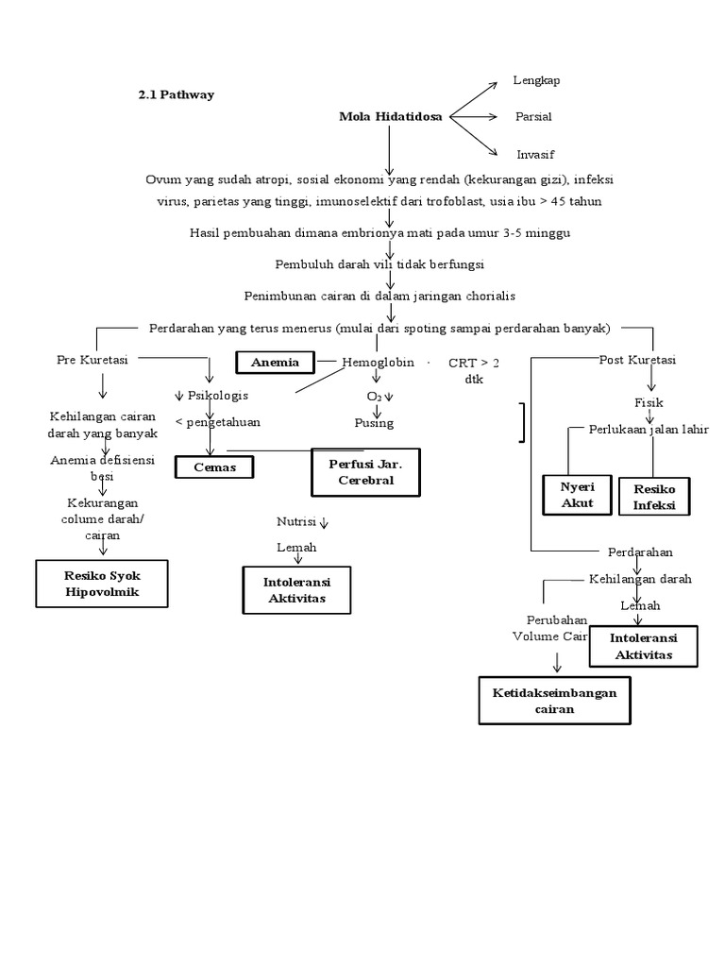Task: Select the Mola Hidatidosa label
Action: (x=390, y=117)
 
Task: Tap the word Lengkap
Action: (x=536, y=80)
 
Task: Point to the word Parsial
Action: (x=533, y=117)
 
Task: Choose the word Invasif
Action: (x=534, y=154)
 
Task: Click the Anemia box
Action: (x=275, y=362)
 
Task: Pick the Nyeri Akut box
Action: (x=578, y=494)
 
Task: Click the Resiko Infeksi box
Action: (x=653, y=496)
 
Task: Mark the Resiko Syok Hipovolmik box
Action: (x=102, y=583)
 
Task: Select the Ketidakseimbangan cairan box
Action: (x=554, y=701)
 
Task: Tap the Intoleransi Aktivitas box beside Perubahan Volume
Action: (x=642, y=647)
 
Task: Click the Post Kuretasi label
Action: (x=637, y=360)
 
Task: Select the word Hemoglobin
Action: (x=378, y=362)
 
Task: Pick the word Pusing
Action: (x=374, y=423)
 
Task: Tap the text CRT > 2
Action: (x=474, y=363)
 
